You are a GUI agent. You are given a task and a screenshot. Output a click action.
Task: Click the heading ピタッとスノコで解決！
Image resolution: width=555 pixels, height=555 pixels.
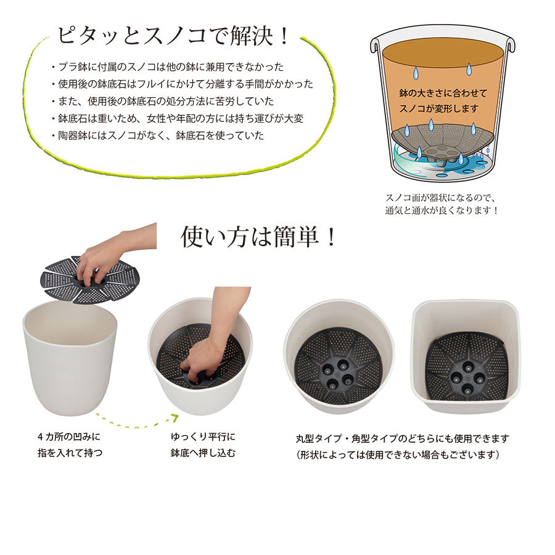[x=173, y=36]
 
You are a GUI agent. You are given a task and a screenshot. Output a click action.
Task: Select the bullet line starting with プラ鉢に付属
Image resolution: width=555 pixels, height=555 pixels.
[x=167, y=67]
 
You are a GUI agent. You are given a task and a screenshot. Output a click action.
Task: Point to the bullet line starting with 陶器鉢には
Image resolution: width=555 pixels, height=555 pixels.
[x=157, y=135]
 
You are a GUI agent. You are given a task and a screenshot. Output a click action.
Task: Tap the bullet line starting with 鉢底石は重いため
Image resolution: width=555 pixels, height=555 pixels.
[x=178, y=118]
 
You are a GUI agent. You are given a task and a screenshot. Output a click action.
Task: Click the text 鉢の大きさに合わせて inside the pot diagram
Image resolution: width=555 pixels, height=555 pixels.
[x=443, y=93]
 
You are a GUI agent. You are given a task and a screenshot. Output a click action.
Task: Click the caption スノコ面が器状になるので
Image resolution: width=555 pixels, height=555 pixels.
[x=441, y=197]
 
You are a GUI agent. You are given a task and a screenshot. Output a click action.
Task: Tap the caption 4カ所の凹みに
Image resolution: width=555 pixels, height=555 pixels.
[x=69, y=437]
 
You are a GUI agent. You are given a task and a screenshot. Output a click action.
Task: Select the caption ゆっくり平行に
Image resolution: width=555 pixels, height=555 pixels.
[x=203, y=437]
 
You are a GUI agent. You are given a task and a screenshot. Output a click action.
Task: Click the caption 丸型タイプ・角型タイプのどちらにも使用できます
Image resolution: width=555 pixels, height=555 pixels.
[x=403, y=438]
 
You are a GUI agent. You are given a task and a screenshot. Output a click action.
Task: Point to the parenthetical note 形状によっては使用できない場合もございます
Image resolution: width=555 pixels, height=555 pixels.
[x=398, y=454]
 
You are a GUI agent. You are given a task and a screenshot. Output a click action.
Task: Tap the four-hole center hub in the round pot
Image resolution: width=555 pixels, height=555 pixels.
[x=338, y=374]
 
